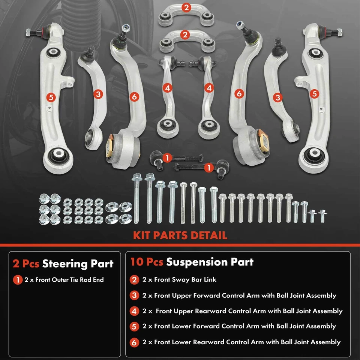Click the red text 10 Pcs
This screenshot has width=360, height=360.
(147, 262)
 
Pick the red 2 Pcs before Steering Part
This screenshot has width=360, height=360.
(26, 264)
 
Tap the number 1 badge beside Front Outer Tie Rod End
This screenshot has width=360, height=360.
(17, 280)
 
